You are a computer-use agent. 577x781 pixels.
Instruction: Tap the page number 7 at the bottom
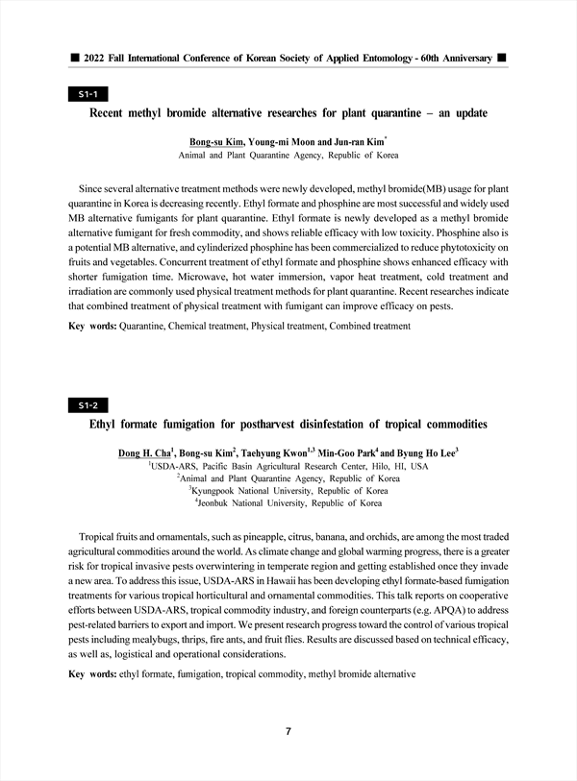pos(288,731)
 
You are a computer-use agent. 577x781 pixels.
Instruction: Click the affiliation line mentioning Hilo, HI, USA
pos(289,464)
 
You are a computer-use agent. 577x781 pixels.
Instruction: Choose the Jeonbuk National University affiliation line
pos(289,502)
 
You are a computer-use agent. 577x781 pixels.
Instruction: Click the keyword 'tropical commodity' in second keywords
pos(263,674)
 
